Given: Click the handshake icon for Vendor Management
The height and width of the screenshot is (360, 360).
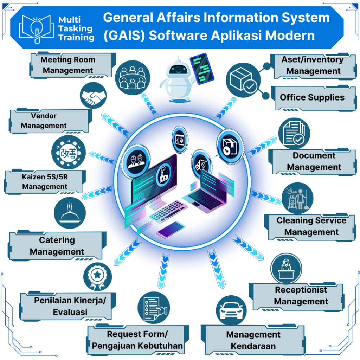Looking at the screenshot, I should [93, 96].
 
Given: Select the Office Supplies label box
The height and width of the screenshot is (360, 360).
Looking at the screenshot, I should [312, 98].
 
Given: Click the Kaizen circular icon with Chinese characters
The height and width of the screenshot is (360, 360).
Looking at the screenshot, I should [68, 153].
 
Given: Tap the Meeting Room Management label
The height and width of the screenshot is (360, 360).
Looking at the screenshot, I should [68, 65].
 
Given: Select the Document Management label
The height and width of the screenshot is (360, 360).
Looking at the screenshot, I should [314, 161].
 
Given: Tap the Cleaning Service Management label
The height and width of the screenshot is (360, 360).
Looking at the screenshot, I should [311, 226].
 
